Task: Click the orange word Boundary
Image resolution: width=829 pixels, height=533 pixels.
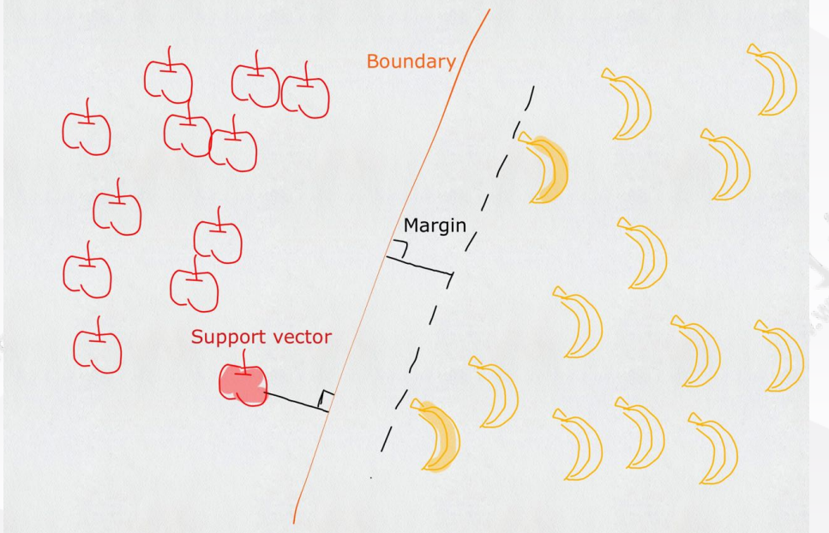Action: (411, 63)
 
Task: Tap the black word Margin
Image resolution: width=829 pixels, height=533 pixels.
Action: (435, 226)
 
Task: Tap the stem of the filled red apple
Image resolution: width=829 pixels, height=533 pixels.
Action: (243, 361)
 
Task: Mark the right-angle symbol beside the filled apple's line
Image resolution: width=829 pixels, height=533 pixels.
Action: (326, 398)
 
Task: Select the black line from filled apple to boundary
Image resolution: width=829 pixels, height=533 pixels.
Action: (297, 402)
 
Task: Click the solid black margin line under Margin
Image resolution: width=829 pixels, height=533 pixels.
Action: (419, 265)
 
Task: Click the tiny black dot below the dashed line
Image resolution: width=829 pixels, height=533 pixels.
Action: (370, 477)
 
